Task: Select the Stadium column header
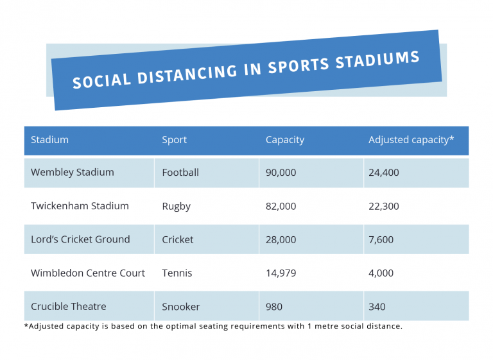coord(49,139)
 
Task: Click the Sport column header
coord(175,139)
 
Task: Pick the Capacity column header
coord(284,139)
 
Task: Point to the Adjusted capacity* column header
coord(411,139)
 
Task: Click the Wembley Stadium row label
coord(72,172)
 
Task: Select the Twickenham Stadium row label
coord(80,206)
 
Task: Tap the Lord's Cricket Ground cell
coord(80,239)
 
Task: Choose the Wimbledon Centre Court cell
coord(88,273)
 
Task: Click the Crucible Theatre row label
coord(69,306)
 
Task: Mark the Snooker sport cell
coord(180,307)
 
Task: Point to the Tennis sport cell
coord(177,273)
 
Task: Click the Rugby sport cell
coord(176,206)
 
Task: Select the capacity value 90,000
coord(281,173)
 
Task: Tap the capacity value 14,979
coord(281,273)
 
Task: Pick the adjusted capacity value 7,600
coord(381,239)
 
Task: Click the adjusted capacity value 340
coord(377,307)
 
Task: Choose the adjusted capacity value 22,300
coord(383,206)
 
